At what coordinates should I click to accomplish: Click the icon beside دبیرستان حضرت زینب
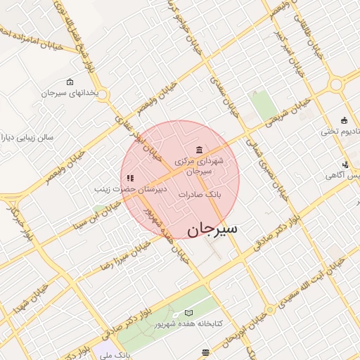pyautogui.click(x=130, y=179)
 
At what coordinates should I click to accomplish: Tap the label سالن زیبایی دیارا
pyautogui.click(x=32, y=138)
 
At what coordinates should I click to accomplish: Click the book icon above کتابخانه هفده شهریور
pyautogui.click(x=188, y=312)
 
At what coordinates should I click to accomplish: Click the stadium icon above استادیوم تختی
pyautogui.click(x=344, y=120)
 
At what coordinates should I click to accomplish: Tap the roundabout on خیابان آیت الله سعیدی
pyautogui.click(x=270, y=310)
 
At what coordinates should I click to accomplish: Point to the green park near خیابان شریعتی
pyautogui.click(x=264, y=105)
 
